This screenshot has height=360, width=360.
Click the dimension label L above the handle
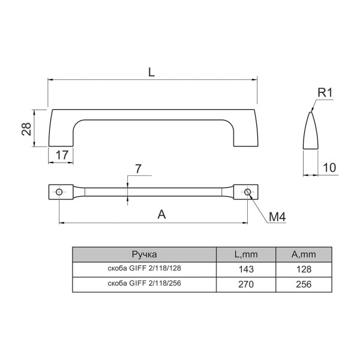pos(151,73)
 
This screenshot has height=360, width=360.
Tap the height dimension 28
pos(26,129)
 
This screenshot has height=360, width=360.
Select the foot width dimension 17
pos(62,155)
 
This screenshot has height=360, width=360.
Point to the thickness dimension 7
pos(138,169)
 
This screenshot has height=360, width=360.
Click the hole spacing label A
pos(161,215)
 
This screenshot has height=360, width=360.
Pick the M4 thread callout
pos(277,217)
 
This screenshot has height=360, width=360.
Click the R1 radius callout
pos(325,93)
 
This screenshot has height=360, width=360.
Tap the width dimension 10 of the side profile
pos(329,167)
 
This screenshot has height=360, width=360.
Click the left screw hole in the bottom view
pos(59,192)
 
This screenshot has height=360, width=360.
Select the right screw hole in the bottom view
pos(247,192)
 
